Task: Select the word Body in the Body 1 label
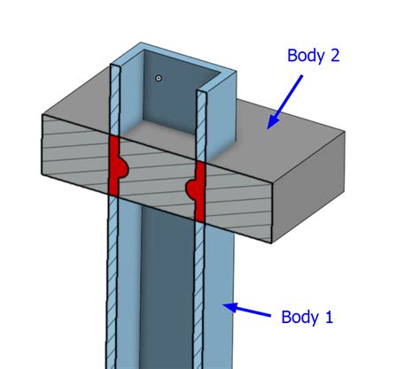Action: coord(299,316)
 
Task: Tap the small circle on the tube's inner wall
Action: coord(159,78)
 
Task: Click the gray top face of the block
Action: coord(284,133)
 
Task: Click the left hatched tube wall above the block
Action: coord(113,97)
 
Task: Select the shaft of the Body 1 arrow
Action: coord(253,312)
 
